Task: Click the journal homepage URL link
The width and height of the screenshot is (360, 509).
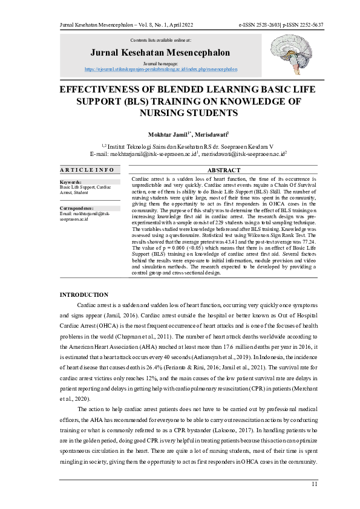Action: (x=160, y=70)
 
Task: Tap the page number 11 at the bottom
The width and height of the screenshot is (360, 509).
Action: (x=314, y=484)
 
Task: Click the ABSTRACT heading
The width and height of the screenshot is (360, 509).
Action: (x=224, y=171)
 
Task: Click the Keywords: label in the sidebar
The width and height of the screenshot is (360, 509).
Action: (x=71, y=181)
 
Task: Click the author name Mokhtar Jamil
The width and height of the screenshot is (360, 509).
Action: (x=169, y=134)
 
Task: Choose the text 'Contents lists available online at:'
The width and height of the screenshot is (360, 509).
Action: (x=160, y=40)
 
